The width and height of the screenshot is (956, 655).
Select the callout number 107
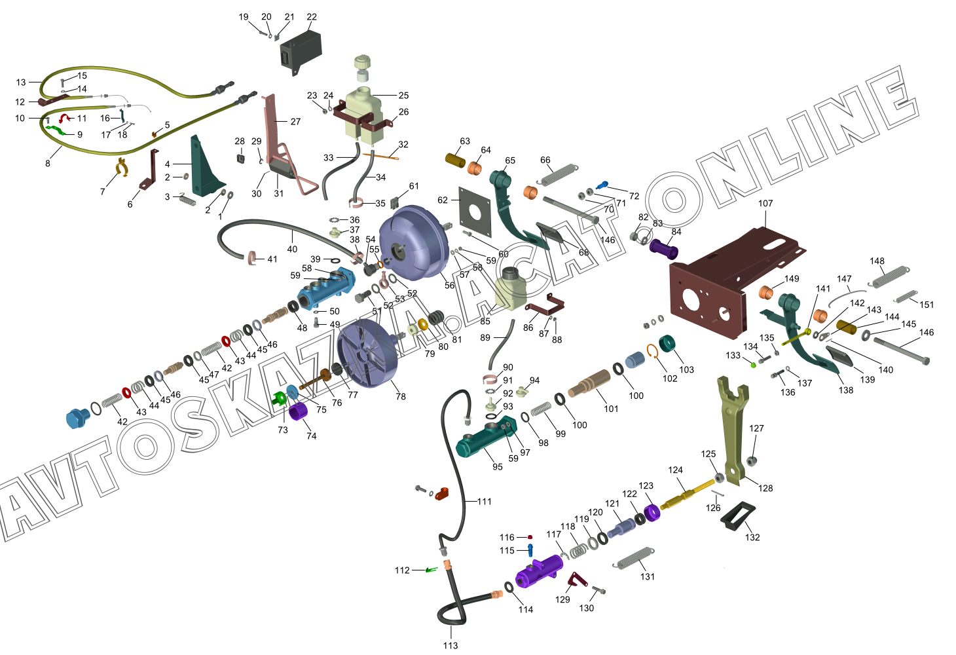tap(765, 204)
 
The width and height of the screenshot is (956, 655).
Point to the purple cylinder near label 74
tap(299, 413)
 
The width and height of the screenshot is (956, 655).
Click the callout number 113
tap(450, 645)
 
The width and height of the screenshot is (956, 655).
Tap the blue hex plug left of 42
tap(78, 417)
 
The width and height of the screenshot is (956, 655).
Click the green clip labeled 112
tap(431, 570)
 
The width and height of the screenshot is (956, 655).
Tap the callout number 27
tap(295, 122)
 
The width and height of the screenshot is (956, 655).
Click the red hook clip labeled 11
tap(65, 118)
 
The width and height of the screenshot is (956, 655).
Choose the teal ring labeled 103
tap(668, 344)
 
